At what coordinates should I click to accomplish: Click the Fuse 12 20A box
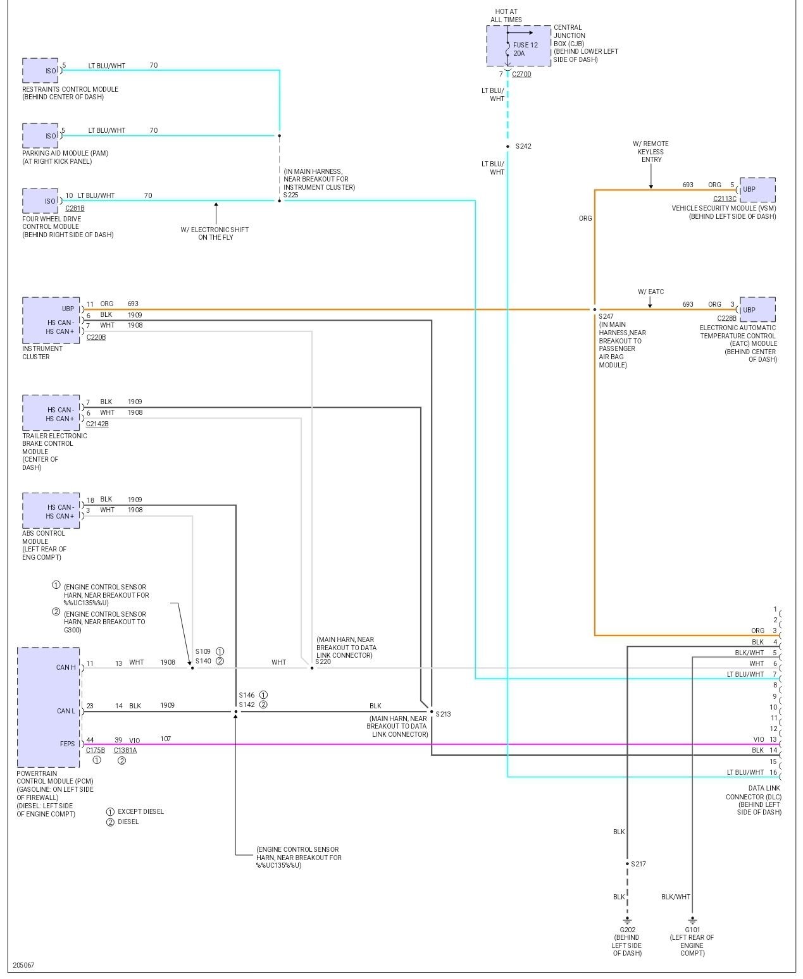(519, 46)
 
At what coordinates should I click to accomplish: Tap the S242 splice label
(523, 146)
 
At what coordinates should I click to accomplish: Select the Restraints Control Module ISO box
(40, 71)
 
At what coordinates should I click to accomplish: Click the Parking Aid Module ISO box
(40, 136)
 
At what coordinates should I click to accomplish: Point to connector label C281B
(75, 208)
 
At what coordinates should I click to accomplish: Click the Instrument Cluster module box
(51, 320)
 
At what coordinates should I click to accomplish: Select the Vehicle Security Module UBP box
(757, 189)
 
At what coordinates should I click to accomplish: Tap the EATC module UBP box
(757, 310)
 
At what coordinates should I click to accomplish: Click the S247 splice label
(606, 316)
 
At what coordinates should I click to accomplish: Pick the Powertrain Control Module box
(49, 707)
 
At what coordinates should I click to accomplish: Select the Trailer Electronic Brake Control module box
(51, 414)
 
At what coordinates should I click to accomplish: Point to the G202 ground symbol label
(628, 930)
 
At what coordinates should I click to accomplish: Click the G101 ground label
(692, 930)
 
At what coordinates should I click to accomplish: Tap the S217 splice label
(638, 864)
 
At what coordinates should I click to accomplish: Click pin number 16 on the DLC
(773, 772)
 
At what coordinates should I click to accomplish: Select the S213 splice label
(443, 714)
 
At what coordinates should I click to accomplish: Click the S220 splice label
(323, 662)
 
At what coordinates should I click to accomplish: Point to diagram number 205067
(23, 966)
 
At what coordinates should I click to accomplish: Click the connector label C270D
(521, 74)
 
